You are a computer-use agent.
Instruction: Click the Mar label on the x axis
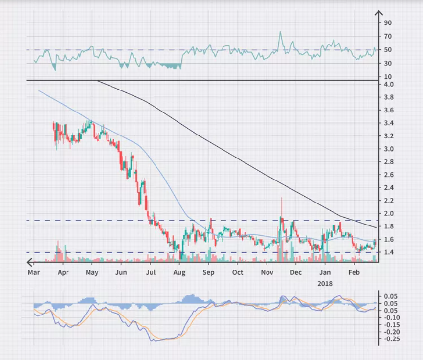click(34, 272)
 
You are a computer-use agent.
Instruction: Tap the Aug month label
click(179, 273)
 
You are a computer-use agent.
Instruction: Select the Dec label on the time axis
click(296, 272)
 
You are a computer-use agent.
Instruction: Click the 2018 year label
click(325, 284)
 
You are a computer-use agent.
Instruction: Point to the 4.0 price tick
click(389, 85)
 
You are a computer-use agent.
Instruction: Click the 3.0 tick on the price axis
click(389, 149)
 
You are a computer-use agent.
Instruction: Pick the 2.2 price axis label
click(389, 201)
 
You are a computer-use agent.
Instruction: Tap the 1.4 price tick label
click(389, 252)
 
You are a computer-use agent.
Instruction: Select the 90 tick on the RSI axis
click(388, 22)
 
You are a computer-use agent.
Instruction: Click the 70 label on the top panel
click(388, 36)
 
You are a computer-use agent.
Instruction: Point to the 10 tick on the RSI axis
click(388, 77)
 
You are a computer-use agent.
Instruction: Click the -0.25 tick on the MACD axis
click(392, 339)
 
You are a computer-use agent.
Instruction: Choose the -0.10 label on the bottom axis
click(392, 317)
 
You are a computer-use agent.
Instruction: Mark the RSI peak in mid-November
click(280, 32)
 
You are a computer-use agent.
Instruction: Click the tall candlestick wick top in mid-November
click(282, 198)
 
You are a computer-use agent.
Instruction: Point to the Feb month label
click(354, 272)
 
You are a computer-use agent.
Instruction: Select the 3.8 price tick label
click(389, 97)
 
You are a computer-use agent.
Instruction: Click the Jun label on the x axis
click(121, 272)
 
